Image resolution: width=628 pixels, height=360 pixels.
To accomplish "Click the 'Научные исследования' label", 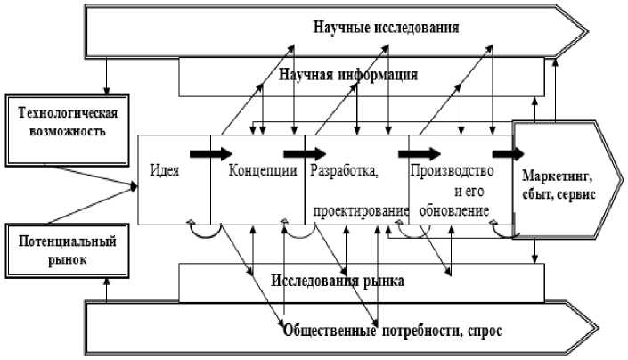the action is (x=386, y=28).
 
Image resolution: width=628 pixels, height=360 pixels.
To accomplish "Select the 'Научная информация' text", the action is (x=348, y=75).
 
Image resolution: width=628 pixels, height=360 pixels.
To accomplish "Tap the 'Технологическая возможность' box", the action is (x=68, y=130).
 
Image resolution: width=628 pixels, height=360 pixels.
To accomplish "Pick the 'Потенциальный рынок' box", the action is (x=68, y=250).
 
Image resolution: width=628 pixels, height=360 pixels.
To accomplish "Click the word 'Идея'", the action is (x=165, y=170).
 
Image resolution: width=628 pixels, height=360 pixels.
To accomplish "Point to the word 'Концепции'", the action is (x=263, y=170).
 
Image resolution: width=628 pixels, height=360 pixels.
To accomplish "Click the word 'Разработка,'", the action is (x=344, y=171).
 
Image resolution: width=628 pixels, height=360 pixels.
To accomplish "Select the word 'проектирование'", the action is (x=361, y=211).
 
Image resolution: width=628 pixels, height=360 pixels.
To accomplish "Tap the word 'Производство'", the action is (x=452, y=171).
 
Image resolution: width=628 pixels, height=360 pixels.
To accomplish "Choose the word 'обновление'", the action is (x=454, y=210).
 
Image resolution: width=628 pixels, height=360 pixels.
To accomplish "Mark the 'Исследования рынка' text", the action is (x=338, y=281).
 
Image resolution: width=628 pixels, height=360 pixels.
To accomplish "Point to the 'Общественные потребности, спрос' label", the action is (x=393, y=331).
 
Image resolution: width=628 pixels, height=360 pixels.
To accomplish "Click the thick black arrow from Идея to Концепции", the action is (x=210, y=154).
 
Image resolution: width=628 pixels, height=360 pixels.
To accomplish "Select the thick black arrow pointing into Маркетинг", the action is (x=508, y=154).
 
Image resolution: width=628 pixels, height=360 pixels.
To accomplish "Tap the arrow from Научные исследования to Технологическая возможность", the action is (x=107, y=76).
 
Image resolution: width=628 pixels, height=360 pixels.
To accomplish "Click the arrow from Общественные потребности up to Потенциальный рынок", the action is (x=107, y=290).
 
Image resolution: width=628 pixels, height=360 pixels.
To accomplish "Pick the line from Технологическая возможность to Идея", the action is (x=93, y=176).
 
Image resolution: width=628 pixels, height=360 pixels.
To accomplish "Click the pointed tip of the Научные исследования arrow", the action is (x=588, y=31).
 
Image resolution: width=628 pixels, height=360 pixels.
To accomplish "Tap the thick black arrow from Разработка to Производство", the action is (x=420, y=154).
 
